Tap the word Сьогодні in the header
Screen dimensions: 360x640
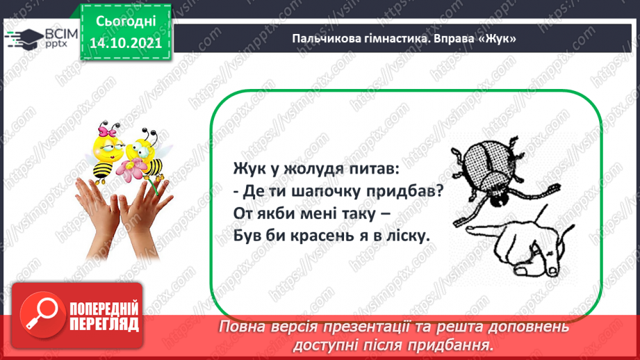click(x=126, y=22)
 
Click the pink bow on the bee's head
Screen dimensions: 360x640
click(x=108, y=130)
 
